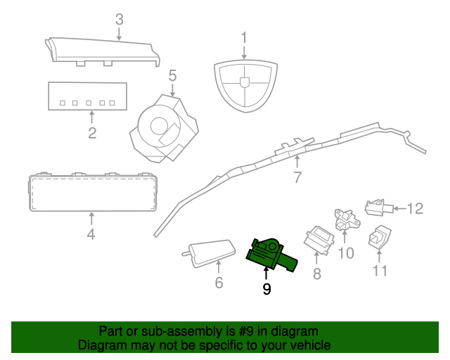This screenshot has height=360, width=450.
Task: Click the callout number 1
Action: pyautogui.click(x=244, y=37)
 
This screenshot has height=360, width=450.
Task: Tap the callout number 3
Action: pyautogui.click(x=119, y=19)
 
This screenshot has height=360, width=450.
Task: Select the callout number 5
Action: pyautogui.click(x=172, y=75)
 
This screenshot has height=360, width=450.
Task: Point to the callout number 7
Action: pyautogui.click(x=297, y=178)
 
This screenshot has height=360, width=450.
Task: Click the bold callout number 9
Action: pyautogui.click(x=266, y=288)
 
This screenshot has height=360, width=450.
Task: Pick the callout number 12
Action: pyautogui.click(x=416, y=208)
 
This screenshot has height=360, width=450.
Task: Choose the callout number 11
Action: pyautogui.click(x=380, y=271)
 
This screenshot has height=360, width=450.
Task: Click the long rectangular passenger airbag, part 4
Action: pyautogui.click(x=91, y=192)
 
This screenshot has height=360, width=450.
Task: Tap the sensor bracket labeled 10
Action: pyautogui.click(x=345, y=220)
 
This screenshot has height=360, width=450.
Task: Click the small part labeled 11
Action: pyautogui.click(x=380, y=238)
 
